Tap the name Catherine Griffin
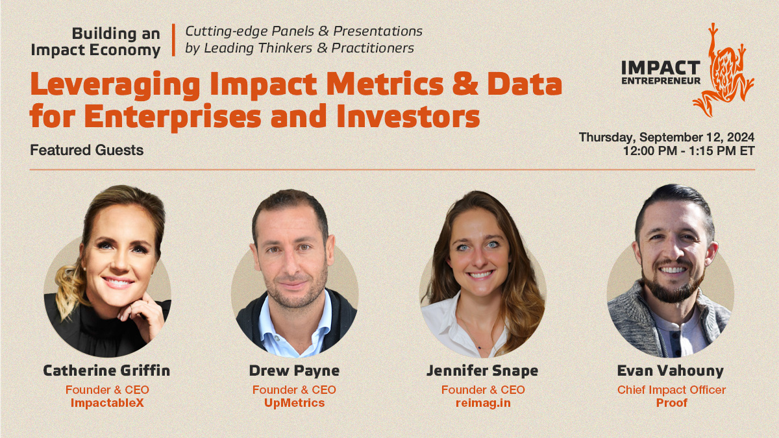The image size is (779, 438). (x=106, y=371)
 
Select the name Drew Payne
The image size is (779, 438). (x=294, y=371)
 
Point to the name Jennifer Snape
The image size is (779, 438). (x=482, y=371)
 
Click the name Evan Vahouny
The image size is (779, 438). (x=671, y=371)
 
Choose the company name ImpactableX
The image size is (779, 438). (x=107, y=403)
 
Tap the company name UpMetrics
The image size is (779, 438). (x=294, y=403)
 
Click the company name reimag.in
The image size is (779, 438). (x=483, y=403)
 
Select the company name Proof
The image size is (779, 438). (x=671, y=403)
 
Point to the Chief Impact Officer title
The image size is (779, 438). (x=671, y=390)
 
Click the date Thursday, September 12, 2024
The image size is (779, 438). (x=667, y=138)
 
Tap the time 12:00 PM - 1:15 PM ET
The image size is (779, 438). (x=689, y=151)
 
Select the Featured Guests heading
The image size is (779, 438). (x=87, y=150)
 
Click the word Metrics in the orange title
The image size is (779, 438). (x=384, y=84)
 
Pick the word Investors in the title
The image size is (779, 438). (x=408, y=116)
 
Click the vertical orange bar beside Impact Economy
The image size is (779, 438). (x=173, y=40)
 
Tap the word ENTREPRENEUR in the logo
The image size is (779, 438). (x=661, y=81)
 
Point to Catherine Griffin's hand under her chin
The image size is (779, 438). (x=141, y=315)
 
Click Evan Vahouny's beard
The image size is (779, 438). (x=673, y=285)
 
